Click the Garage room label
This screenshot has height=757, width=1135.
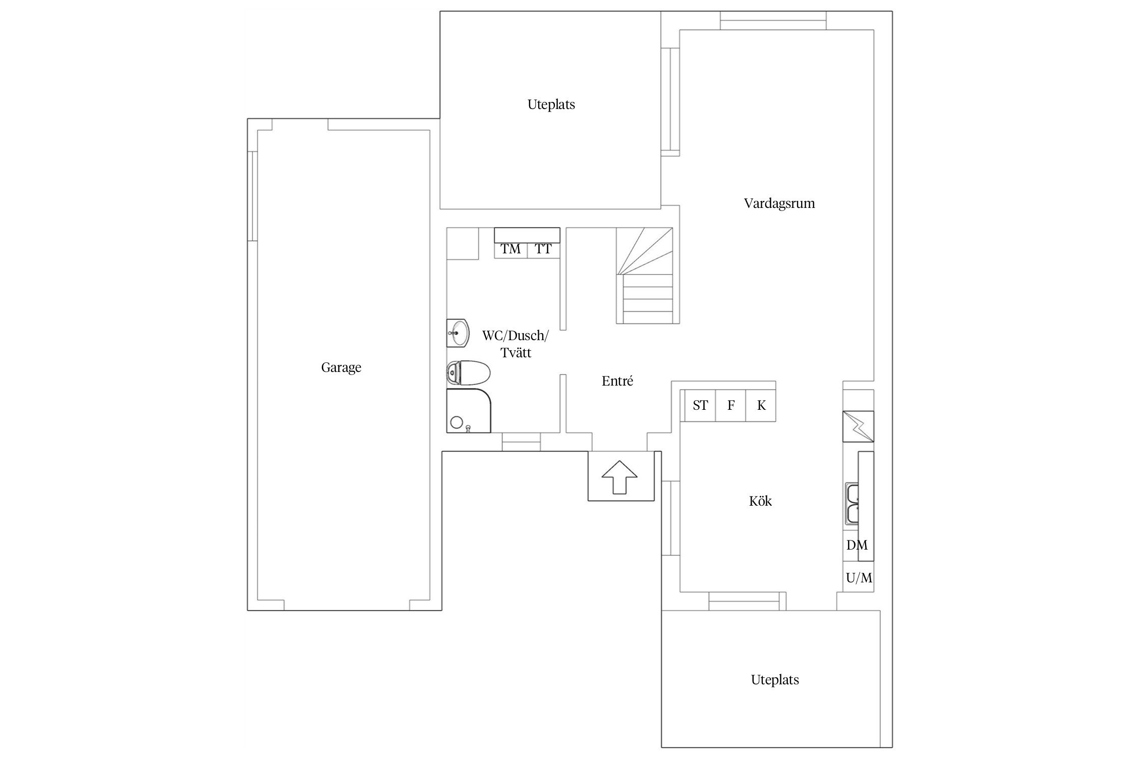pos(341,367)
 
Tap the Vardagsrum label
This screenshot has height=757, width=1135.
pos(779,203)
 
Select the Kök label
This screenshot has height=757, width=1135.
pos(760,501)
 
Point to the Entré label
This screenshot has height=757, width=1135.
pos(617,381)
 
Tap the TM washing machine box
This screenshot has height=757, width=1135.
pos(510,250)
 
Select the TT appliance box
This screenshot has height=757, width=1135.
pos(544,250)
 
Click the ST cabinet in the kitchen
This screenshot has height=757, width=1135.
pos(700,405)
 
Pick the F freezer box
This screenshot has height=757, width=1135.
pos(730,405)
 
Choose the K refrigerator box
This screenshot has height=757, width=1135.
pos(761,405)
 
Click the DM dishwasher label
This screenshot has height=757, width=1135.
pos(857,545)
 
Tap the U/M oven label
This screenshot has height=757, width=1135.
pos(859,578)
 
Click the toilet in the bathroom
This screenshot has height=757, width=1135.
pos(469,373)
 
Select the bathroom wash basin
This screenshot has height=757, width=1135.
pos(458,333)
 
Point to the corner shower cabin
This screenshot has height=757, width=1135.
pos(469,410)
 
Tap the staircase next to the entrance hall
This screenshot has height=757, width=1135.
pos(645,276)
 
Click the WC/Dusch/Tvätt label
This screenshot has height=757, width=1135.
pos(516,344)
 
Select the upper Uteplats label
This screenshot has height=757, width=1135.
pos(551,105)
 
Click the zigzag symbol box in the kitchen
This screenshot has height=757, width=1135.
pos(858,426)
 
